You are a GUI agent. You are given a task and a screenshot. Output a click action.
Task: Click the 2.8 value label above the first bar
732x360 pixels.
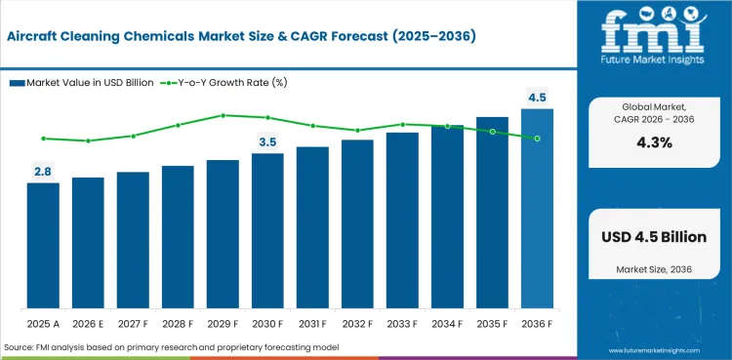click(43, 172)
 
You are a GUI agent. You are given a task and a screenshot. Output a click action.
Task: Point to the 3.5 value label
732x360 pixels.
click(267, 142)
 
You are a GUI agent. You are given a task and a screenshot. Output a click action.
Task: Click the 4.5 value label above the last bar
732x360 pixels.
click(537, 98)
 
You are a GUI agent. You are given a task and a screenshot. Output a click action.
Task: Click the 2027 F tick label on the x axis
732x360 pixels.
click(133, 321)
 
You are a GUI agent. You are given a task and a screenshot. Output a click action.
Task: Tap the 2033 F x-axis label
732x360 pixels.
click(402, 321)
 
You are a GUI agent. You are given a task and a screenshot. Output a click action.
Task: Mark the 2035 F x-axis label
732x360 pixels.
click(492, 321)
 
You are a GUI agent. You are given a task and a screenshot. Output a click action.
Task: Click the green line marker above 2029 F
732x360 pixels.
click(223, 115)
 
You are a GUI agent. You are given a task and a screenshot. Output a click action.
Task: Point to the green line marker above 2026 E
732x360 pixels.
click(88, 140)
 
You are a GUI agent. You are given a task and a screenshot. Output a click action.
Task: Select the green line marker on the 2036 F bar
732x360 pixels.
click(537, 139)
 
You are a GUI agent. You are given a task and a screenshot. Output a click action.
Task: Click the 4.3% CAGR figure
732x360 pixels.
click(653, 141)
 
